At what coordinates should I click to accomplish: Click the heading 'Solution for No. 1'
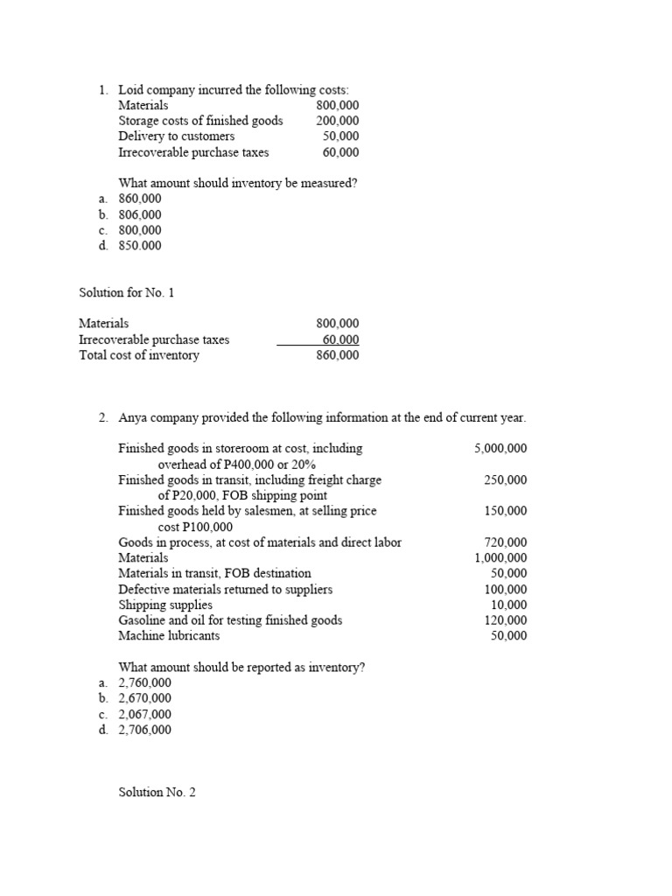(131, 292)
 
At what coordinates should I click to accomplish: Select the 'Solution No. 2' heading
(157, 793)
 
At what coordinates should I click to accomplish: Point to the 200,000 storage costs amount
(337, 121)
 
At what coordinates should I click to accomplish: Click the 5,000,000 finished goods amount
(500, 448)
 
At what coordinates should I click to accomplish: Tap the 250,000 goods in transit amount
(505, 479)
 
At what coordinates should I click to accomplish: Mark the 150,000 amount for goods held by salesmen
(505, 511)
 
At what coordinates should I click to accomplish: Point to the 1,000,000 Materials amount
(500, 557)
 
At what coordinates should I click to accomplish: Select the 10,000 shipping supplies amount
(508, 605)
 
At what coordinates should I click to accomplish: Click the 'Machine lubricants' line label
(169, 636)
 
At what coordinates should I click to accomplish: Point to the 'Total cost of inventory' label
(139, 355)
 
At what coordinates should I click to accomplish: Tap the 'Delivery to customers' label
(177, 136)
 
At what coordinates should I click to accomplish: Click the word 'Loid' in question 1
(130, 89)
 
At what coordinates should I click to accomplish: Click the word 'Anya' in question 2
(134, 417)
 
